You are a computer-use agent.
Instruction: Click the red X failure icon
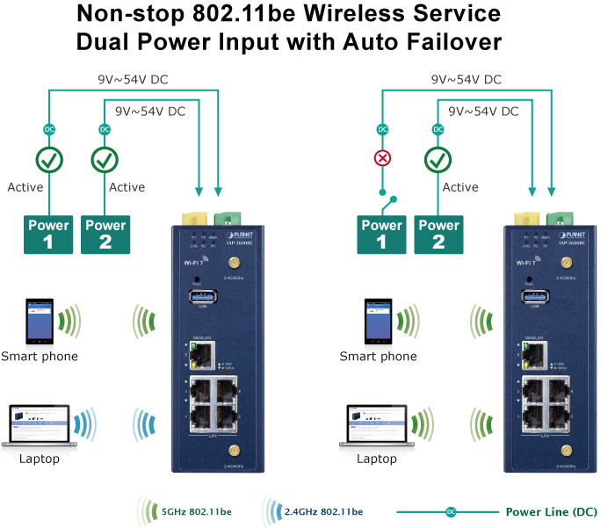[x=382, y=159]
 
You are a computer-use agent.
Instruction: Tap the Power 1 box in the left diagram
[x=48, y=234]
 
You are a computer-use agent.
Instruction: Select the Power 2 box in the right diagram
[x=438, y=234]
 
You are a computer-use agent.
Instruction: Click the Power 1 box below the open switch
[x=382, y=234]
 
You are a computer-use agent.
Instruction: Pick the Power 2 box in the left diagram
[x=105, y=234]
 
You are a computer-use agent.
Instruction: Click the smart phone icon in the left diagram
[x=39, y=322]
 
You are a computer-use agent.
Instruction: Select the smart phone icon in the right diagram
[x=376, y=322]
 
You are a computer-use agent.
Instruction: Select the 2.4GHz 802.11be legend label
[x=323, y=511]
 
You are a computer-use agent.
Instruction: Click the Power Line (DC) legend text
[x=551, y=511]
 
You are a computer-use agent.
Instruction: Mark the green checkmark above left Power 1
[x=48, y=160]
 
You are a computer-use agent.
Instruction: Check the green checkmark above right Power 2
[x=438, y=160]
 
